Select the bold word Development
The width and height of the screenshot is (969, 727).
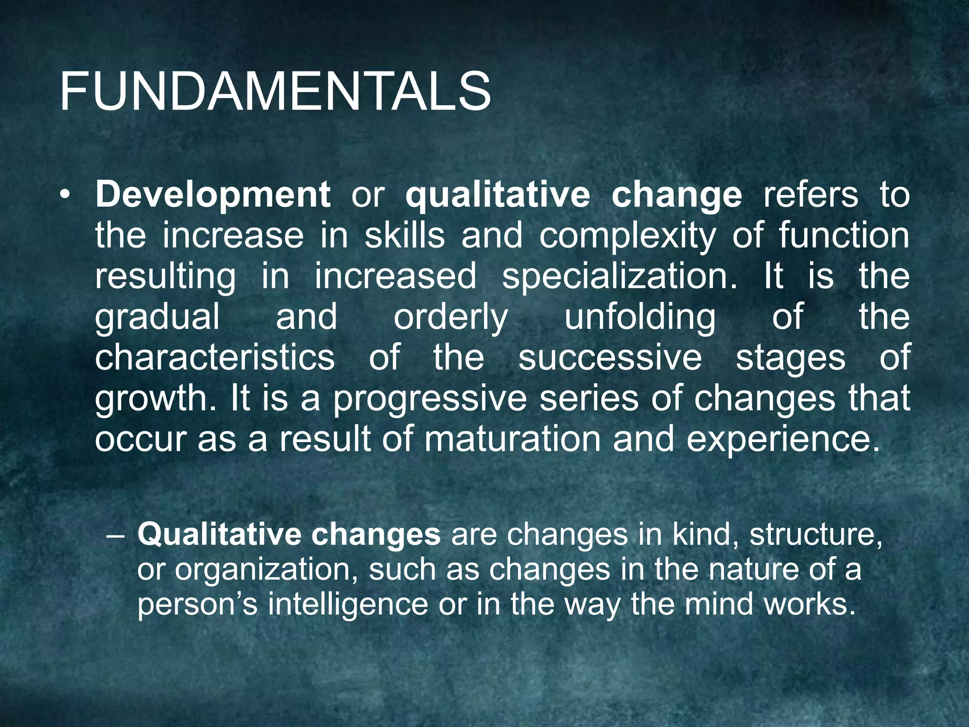(213, 195)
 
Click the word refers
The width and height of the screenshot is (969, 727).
(810, 195)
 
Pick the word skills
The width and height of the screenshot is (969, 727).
(405, 235)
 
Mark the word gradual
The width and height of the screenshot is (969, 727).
(158, 318)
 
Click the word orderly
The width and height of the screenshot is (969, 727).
(450, 318)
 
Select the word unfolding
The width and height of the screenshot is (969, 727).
(640, 318)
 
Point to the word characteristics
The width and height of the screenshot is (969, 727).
(215, 357)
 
